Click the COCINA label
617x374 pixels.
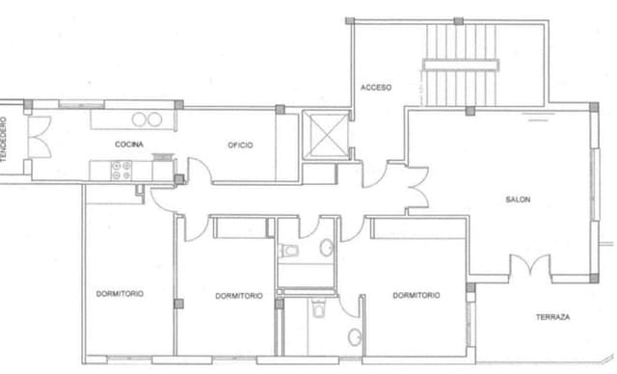129,145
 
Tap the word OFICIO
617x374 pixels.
240,146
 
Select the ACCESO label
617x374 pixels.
376,88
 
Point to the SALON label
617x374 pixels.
518,200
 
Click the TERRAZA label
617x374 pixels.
552,317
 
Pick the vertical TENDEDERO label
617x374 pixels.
4,139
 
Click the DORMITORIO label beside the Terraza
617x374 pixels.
416,295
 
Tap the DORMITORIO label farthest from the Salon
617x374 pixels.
120,294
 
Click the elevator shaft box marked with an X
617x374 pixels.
326,135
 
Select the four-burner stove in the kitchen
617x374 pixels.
121,171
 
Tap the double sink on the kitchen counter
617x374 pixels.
147,120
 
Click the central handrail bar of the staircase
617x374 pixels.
461,65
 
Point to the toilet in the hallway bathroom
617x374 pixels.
287,250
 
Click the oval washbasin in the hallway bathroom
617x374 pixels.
326,248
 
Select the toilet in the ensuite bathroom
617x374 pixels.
318,308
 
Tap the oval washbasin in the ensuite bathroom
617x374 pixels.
355,337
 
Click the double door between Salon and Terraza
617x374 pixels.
530,264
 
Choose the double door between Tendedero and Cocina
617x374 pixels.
40,137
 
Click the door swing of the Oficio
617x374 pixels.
200,170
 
